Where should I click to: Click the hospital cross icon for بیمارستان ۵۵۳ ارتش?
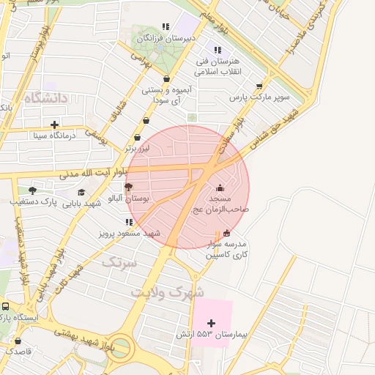pyautogui.click(x=212, y=323)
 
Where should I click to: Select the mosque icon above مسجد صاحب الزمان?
pyautogui.click(x=220, y=188)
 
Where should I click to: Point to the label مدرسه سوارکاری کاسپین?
pyautogui.click(x=227, y=250)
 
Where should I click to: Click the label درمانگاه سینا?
pyautogui.click(x=54, y=135)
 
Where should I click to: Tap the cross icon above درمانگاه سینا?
pyautogui.click(x=55, y=124)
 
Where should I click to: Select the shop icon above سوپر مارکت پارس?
pyautogui.click(x=259, y=86)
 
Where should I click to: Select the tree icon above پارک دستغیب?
pyautogui.click(x=32, y=190)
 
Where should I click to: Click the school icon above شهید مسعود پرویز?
pyautogui.click(x=129, y=222)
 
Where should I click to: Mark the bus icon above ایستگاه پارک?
pyautogui.click(x=6, y=307)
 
